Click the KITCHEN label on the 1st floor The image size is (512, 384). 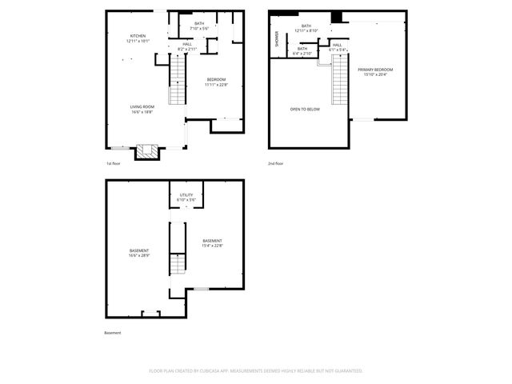138,38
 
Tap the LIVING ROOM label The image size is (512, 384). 142,109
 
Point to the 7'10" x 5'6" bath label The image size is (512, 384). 198,26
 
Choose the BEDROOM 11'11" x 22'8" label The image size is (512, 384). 216,81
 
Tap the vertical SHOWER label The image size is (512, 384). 277,39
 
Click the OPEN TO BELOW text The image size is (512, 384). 305,109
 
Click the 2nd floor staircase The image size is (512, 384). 340,87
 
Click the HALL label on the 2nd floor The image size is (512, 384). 337,46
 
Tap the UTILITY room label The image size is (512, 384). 186,197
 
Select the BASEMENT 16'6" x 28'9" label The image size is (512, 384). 139,253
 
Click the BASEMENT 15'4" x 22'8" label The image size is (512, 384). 212,243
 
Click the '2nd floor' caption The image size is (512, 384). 276,164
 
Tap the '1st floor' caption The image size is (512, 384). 113,164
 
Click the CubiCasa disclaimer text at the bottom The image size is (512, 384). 256,371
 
